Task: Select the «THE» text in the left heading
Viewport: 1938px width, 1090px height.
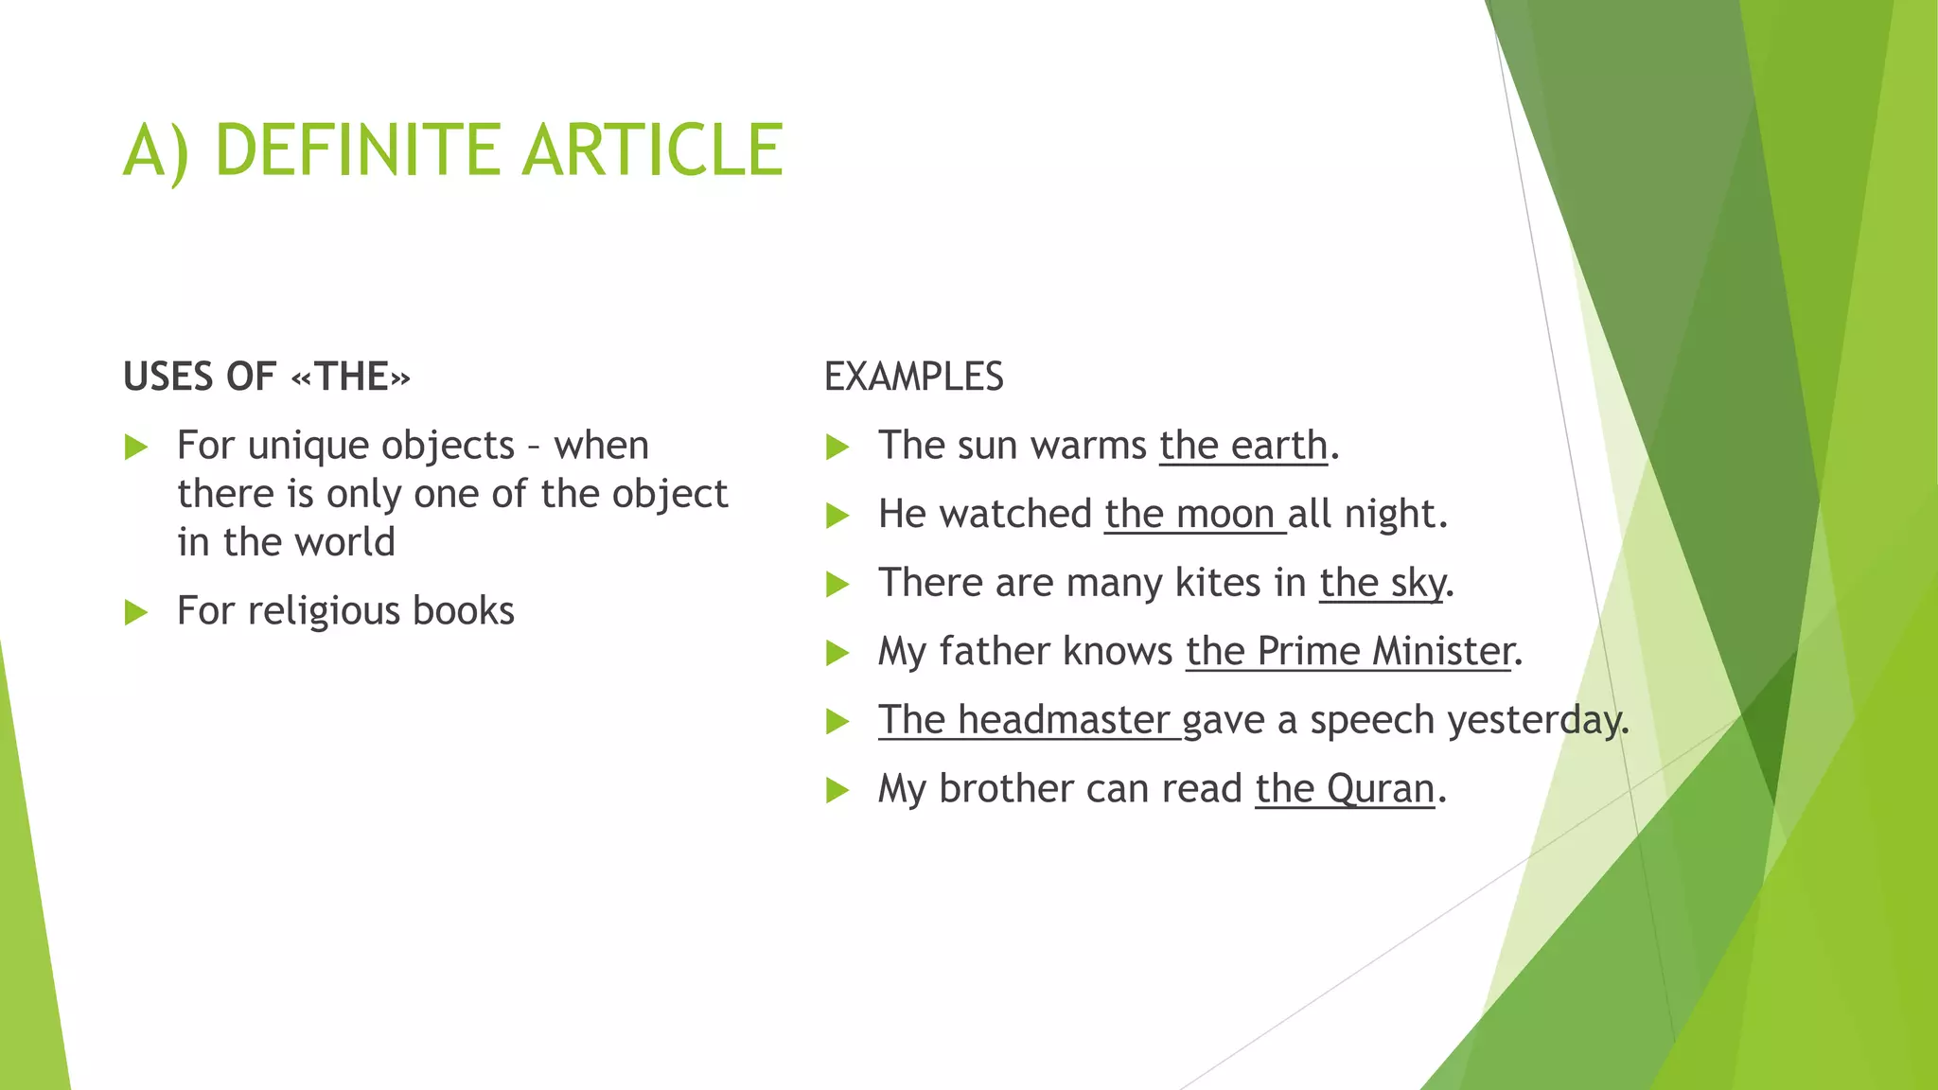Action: click(351, 377)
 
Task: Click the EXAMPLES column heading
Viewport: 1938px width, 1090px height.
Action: click(913, 377)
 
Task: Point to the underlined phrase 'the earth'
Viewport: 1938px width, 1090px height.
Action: click(1243, 446)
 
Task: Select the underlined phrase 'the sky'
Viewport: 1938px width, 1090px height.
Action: click(1383, 583)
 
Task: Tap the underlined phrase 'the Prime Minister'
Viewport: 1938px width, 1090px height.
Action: click(1349, 652)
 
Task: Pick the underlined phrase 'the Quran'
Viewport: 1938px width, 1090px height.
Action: click(1345, 789)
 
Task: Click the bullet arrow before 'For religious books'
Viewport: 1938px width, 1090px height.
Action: click(136, 612)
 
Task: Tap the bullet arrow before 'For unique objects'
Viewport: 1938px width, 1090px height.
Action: click(136, 447)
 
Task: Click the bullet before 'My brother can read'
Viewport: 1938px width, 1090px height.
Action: click(837, 790)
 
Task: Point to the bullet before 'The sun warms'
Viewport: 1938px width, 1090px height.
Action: click(837, 447)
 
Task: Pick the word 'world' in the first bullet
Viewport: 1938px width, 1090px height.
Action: click(344, 542)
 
